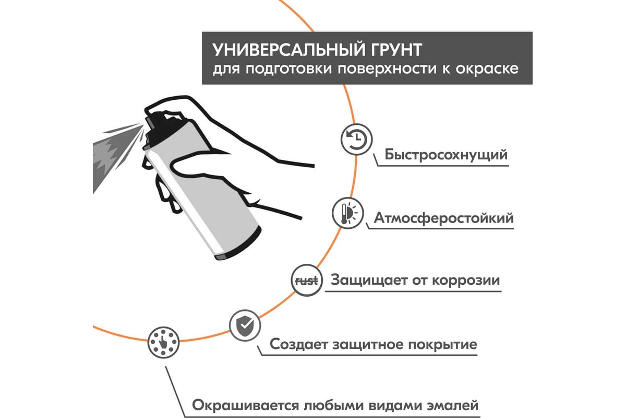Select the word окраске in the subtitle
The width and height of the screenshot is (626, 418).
487,69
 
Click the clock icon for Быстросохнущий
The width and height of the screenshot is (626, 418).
357,140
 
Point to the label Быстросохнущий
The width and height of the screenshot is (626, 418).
446,155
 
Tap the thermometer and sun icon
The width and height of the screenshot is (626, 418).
348,213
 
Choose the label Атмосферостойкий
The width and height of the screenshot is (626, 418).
444,218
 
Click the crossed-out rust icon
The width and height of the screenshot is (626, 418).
307,280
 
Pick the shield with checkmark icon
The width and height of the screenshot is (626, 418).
245,326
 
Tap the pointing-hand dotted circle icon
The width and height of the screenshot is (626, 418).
163,342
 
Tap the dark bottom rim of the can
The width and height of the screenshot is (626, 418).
238,243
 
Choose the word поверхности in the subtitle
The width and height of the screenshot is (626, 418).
387,69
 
